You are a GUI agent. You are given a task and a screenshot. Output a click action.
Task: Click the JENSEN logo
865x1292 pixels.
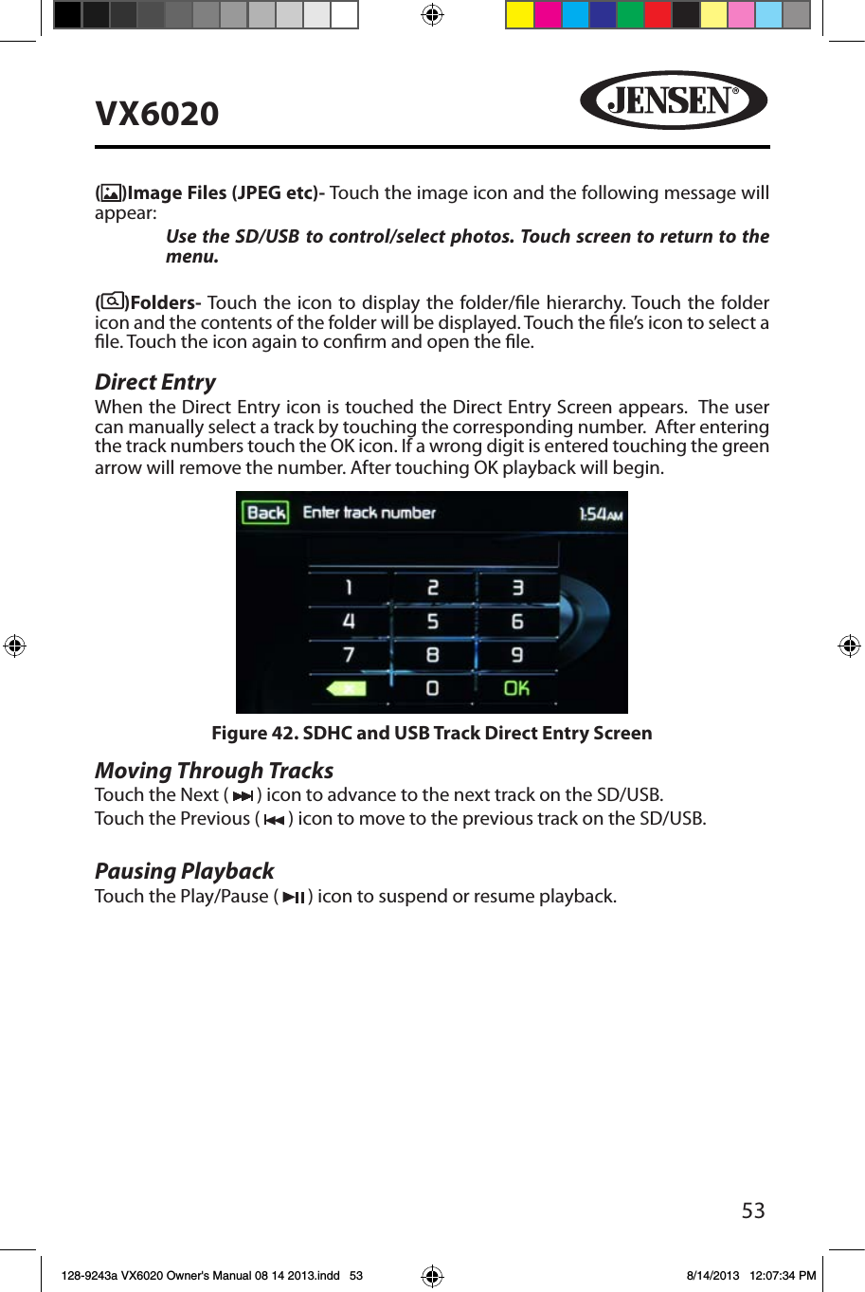(673, 100)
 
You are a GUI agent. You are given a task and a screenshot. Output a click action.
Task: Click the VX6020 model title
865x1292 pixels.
(157, 114)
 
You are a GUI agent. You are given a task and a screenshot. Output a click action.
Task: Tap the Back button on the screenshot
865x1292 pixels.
(265, 513)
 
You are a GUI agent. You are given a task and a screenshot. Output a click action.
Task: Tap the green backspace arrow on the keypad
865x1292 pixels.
(347, 688)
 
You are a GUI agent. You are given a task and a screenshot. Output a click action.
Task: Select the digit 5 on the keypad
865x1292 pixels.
(432, 622)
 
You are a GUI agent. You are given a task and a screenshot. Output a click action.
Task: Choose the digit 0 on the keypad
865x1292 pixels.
(432, 688)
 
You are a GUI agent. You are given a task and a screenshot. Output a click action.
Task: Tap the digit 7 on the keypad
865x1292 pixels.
(349, 655)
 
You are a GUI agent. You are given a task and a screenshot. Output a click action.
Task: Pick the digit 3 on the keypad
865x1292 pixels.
(517, 588)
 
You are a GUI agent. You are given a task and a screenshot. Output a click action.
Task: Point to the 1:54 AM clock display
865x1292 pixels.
(601, 514)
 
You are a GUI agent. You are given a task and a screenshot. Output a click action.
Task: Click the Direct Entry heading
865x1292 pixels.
(155, 382)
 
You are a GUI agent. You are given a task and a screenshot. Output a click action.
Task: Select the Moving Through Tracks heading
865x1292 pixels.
(214, 771)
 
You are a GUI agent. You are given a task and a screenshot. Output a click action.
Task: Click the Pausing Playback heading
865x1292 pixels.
(184, 871)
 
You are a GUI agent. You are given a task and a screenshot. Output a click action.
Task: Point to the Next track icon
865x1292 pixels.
(243, 796)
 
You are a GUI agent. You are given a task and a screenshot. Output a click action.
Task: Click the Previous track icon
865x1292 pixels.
(274, 820)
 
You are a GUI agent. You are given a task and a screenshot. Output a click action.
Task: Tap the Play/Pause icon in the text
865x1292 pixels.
(294, 897)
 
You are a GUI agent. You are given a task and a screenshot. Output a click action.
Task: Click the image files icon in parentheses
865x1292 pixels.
(112, 193)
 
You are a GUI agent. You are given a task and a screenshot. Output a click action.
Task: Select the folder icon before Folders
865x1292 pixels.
(112, 302)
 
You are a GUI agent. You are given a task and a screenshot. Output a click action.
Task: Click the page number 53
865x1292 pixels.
(753, 1210)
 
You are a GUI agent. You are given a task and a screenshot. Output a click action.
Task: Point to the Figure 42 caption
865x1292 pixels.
(431, 733)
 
